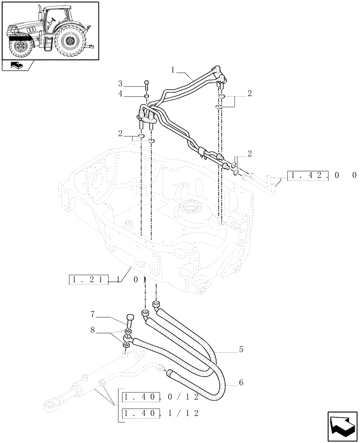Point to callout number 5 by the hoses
241,350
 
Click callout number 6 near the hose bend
241,382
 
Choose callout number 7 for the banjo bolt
93,315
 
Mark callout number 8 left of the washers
93,329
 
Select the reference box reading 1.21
89,280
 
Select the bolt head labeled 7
130,318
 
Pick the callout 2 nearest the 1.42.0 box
250,154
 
